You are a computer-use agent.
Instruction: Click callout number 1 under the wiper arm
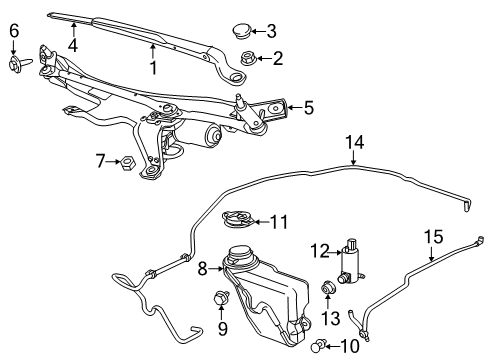click(153, 68)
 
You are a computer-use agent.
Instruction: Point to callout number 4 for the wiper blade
click(73, 44)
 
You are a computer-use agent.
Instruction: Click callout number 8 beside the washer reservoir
click(202, 267)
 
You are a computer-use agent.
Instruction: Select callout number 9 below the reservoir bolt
click(222, 327)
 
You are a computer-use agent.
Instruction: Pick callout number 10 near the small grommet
click(348, 345)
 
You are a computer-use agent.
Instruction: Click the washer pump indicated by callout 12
click(351, 262)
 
